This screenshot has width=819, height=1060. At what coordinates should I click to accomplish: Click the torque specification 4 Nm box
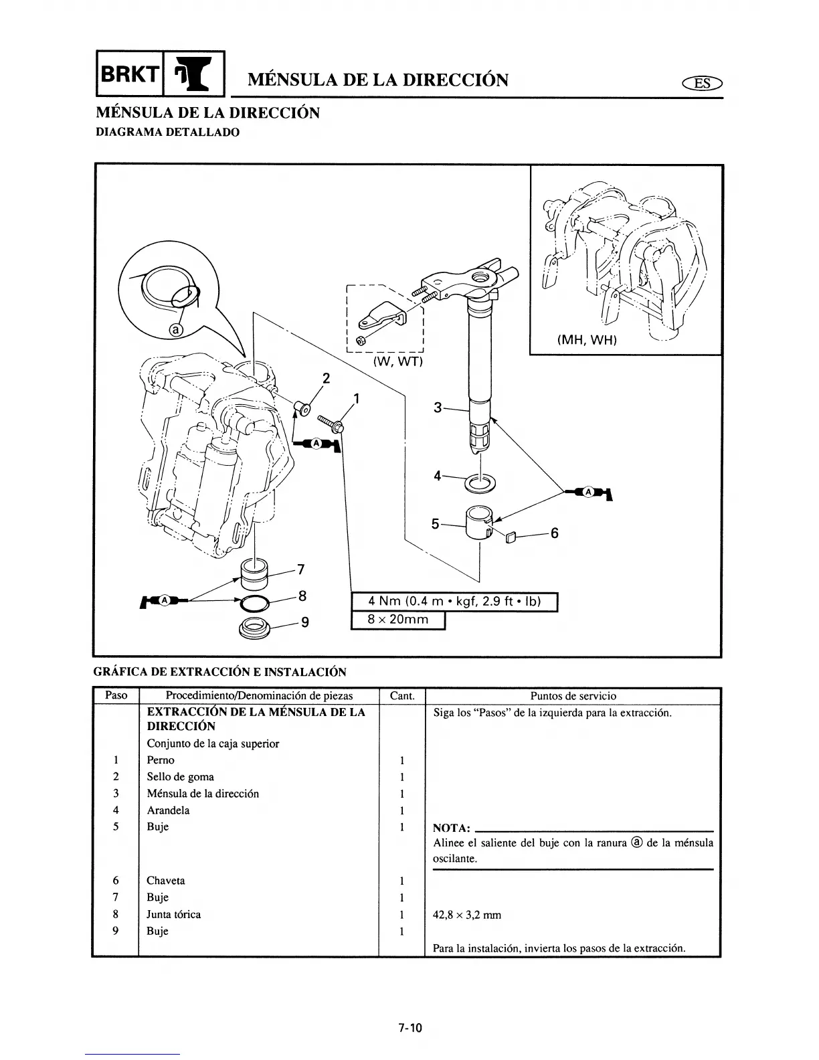[454, 602]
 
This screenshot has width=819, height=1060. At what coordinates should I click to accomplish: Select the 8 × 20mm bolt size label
[398, 620]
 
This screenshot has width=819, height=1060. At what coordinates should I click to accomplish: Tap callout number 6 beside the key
[554, 533]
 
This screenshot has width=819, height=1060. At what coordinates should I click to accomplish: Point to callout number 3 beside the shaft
[438, 407]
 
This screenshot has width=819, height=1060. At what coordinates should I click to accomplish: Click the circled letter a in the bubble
[176, 329]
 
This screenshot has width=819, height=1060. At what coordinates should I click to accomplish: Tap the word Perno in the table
[161, 760]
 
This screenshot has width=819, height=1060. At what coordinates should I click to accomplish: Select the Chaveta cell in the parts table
[166, 881]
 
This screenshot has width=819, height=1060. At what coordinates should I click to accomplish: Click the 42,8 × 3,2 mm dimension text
[467, 915]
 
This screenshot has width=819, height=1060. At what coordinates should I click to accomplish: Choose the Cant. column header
[401, 696]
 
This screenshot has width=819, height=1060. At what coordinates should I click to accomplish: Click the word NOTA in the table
[451, 827]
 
